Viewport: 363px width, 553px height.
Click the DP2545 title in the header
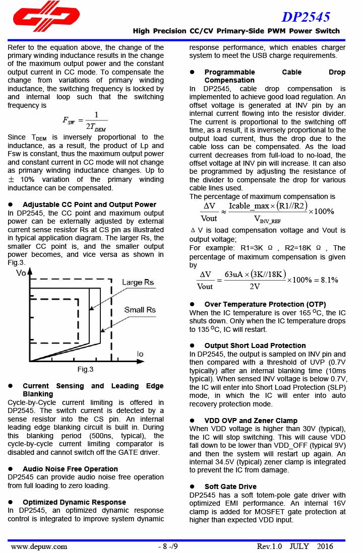tap(306, 17)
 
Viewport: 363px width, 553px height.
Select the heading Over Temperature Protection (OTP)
tap(265, 304)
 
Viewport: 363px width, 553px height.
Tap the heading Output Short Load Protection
tap(255, 345)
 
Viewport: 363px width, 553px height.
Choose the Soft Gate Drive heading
tap(230, 487)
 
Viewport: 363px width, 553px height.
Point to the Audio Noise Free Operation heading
tap(70, 469)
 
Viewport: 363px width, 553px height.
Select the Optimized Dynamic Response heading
tap(74, 502)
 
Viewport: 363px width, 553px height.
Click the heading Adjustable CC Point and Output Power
tap(89, 204)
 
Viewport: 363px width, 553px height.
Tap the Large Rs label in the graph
tap(138, 283)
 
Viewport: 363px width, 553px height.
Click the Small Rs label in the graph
tap(140, 310)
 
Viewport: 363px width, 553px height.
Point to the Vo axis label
tap(21, 273)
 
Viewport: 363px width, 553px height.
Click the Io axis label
tap(140, 355)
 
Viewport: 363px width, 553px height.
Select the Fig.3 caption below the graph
tap(85, 370)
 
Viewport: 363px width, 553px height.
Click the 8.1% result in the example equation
tap(327, 280)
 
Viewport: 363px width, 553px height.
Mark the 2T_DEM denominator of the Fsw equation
tap(96, 126)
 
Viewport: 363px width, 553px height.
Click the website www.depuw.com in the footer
tap(39, 546)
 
